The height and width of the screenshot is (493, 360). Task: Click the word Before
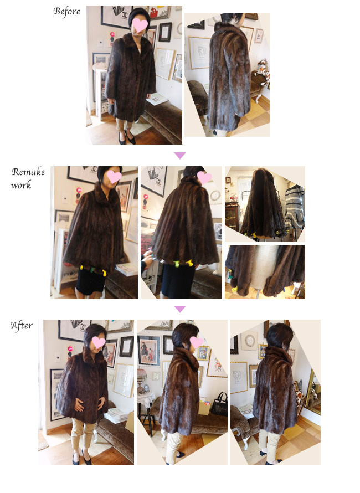tap(66, 11)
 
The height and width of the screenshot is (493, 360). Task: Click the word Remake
tap(28, 172)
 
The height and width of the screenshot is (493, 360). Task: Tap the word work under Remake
tap(21, 185)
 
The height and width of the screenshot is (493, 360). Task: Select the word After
tap(22, 325)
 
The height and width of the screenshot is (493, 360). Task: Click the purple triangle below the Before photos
tap(180, 155)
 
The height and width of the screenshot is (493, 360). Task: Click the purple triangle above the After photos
tap(180, 309)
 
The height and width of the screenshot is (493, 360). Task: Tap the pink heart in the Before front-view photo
tap(140, 25)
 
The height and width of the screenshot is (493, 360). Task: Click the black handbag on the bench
tap(219, 405)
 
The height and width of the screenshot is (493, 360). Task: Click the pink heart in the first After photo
tap(98, 342)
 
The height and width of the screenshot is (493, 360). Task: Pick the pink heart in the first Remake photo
tap(114, 176)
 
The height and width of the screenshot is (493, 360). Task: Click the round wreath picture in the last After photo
tap(250, 341)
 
